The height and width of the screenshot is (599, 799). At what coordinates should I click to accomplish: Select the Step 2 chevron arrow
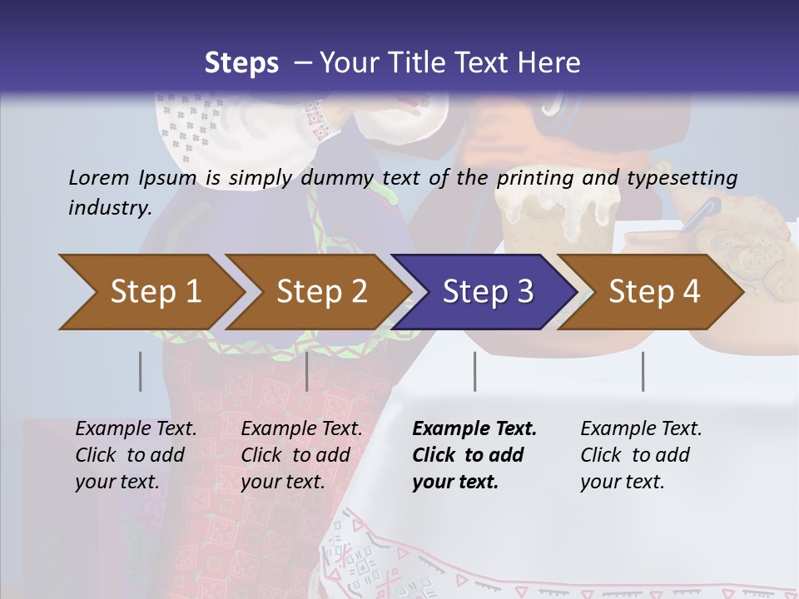tap(321, 292)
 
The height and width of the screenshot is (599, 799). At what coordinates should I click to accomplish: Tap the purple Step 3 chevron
tap(487, 292)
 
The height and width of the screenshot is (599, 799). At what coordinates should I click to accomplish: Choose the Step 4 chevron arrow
tap(654, 292)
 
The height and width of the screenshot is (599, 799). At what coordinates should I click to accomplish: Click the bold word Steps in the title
tap(241, 62)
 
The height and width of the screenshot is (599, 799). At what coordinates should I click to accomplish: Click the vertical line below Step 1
tap(140, 371)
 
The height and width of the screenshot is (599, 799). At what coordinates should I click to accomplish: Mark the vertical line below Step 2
tap(307, 371)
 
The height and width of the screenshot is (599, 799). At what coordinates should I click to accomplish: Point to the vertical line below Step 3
tap(474, 371)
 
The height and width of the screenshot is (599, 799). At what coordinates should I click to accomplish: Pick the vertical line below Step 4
tap(643, 371)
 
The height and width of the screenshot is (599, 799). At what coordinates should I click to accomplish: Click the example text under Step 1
tap(136, 455)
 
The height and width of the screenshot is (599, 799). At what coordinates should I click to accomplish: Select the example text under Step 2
tap(301, 455)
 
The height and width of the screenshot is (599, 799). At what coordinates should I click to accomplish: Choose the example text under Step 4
tap(641, 455)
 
